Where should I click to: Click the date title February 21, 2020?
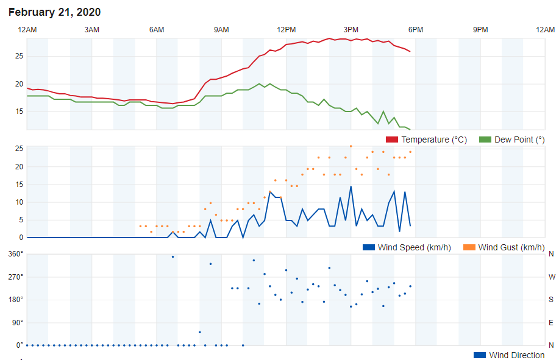point(55,12)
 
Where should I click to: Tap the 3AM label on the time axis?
point(91,30)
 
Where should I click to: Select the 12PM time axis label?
point(286,30)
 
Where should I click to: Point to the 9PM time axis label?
point(480,30)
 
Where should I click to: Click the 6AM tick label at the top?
point(157,30)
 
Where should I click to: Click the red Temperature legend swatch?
point(392,140)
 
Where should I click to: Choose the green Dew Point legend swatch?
point(485,140)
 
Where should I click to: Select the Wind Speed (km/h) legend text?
point(415,247)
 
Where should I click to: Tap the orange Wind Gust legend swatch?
point(469,247)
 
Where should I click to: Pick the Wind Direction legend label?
point(516,355)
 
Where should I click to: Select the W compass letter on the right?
point(551,277)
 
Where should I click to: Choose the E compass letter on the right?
point(551,322)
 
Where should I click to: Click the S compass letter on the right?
point(551,300)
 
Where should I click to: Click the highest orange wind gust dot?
point(351,146)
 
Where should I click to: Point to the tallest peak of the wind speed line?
point(351,186)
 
